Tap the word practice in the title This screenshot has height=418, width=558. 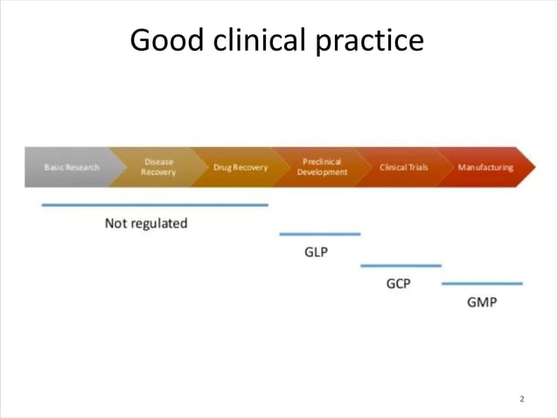click(x=374, y=40)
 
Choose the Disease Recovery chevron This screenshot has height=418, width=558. click(x=157, y=167)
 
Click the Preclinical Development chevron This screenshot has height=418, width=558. click(x=321, y=167)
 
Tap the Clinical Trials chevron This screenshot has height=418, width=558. click(x=403, y=167)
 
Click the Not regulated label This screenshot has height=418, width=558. click(x=146, y=223)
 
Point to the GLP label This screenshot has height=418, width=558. click(x=316, y=253)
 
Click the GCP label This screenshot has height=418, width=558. click(x=398, y=283)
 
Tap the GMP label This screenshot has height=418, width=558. click(x=481, y=303)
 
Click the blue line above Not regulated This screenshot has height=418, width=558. click(x=155, y=205)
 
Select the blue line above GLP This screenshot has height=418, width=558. click(x=319, y=234)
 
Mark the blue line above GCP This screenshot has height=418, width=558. click(x=401, y=265)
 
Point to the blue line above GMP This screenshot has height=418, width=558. click(x=482, y=283)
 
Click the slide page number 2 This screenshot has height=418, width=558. click(x=522, y=400)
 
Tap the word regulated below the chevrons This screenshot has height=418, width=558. click(x=159, y=223)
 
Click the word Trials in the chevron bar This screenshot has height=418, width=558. click(x=415, y=167)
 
